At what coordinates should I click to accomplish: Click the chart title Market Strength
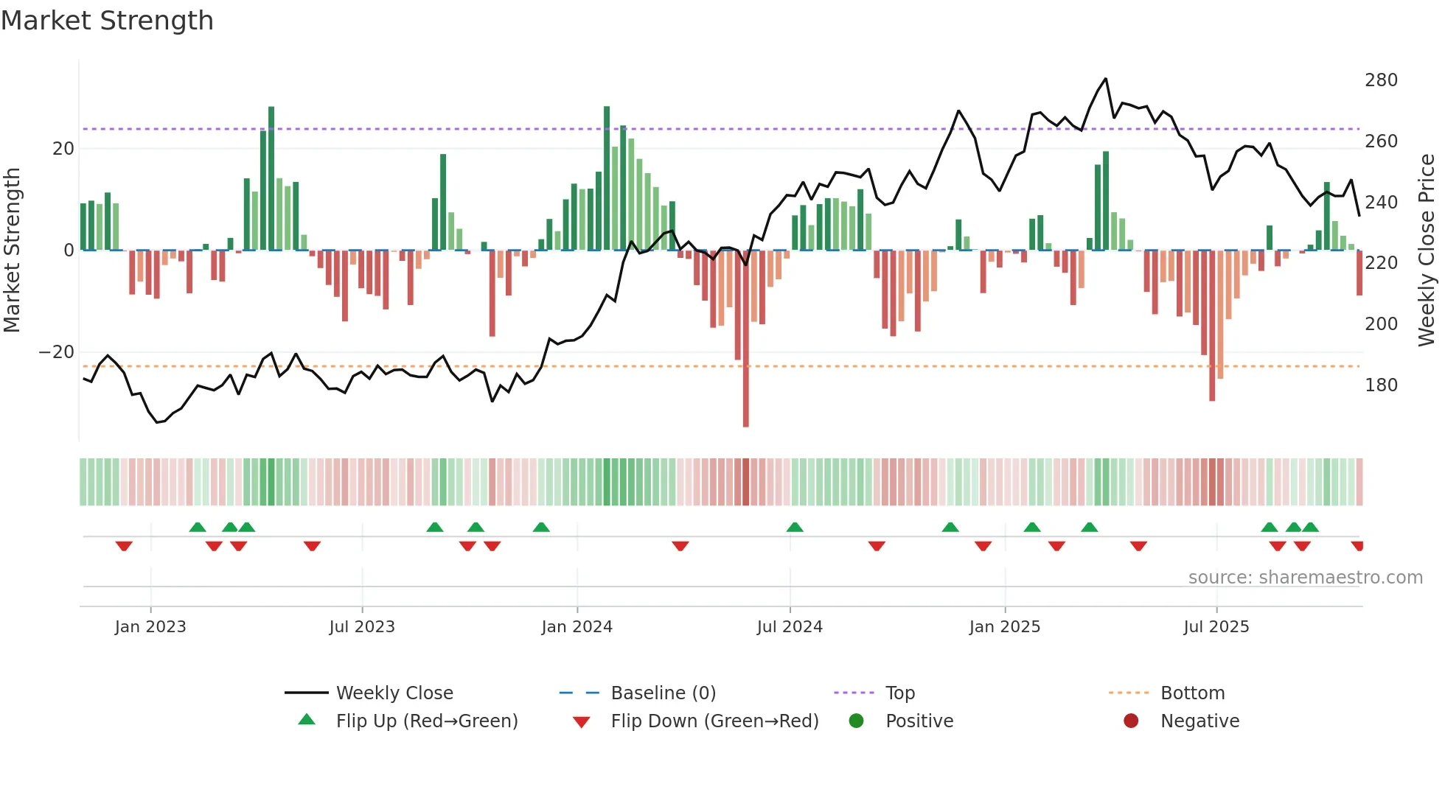(x=107, y=21)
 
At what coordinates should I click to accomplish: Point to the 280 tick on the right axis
(x=1380, y=80)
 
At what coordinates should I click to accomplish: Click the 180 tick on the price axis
(x=1380, y=385)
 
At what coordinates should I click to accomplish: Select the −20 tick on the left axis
(x=57, y=352)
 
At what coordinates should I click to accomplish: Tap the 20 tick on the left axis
(x=63, y=149)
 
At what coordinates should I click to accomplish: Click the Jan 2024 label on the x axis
(x=577, y=627)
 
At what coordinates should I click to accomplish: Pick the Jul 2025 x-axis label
(x=1216, y=627)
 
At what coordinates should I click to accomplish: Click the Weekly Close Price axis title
(x=1427, y=251)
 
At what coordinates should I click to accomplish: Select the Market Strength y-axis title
(x=12, y=251)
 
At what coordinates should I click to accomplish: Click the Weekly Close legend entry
(x=394, y=693)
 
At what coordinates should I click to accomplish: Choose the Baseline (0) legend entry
(x=663, y=693)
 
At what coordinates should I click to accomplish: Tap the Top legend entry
(x=899, y=693)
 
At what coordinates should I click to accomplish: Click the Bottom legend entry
(x=1192, y=693)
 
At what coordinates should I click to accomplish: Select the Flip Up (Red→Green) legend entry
(x=426, y=721)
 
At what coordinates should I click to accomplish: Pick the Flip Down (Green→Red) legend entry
(x=714, y=721)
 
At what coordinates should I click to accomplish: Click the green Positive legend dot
(x=856, y=721)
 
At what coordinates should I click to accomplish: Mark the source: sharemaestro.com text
(x=1305, y=578)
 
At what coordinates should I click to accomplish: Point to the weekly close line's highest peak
(x=1105, y=79)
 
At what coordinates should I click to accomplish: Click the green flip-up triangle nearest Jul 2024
(x=795, y=527)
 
